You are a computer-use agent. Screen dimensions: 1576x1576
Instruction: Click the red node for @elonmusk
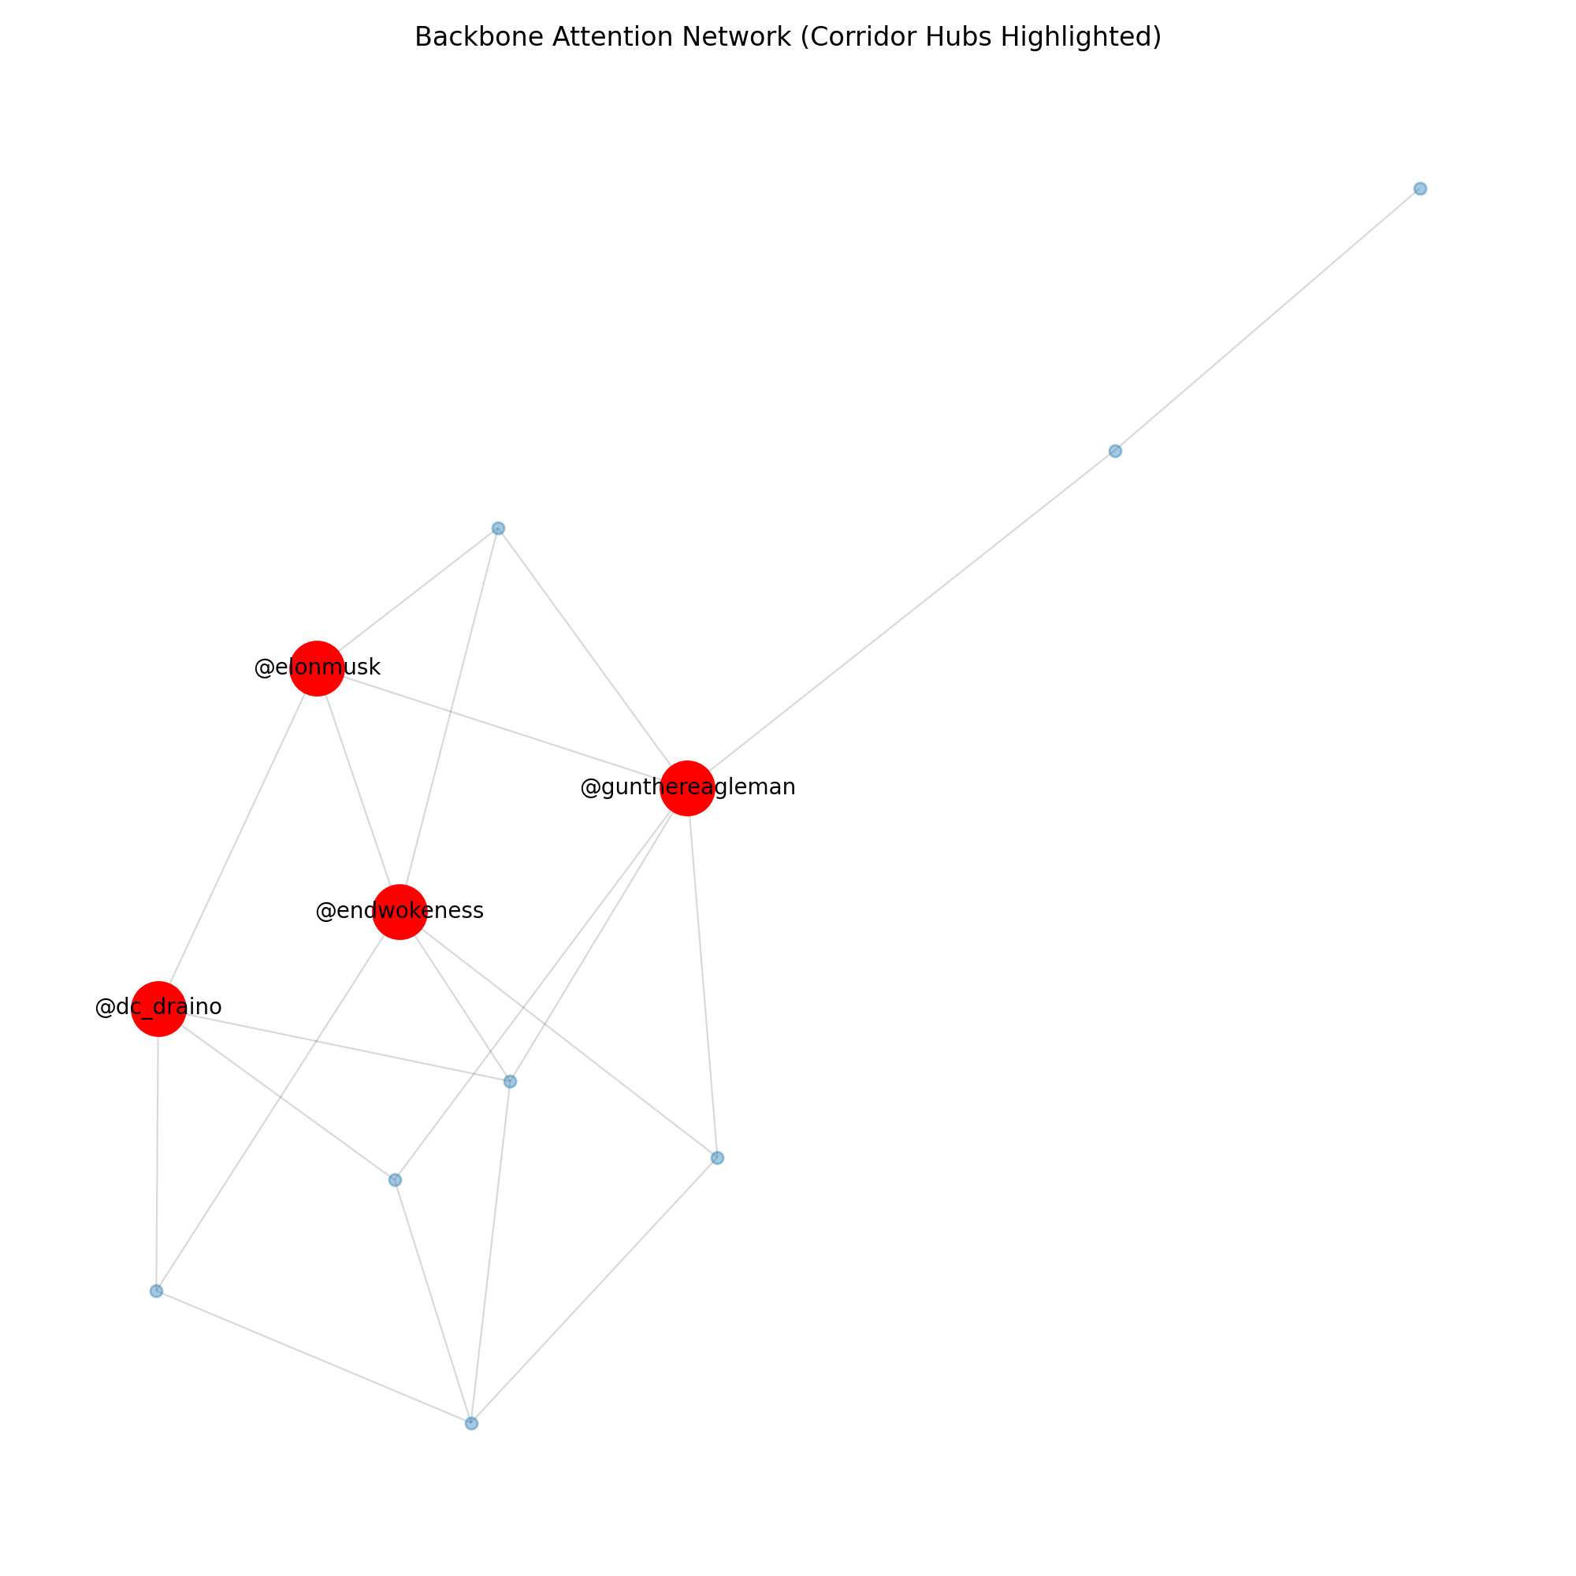(317, 668)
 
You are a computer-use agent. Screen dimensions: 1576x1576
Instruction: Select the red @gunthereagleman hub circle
(688, 788)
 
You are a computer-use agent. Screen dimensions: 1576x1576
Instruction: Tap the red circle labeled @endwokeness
(400, 912)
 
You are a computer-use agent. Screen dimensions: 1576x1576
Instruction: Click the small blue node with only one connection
(1420, 188)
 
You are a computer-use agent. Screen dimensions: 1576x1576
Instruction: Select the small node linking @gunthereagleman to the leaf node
(1115, 451)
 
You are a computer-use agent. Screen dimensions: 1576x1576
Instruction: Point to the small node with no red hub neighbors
(471, 1423)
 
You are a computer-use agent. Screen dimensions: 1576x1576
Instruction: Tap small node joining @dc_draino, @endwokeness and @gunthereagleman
(510, 1082)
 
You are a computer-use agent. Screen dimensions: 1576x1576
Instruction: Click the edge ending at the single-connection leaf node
(1268, 320)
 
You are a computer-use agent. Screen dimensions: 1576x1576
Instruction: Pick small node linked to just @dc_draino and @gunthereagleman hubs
(395, 1180)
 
